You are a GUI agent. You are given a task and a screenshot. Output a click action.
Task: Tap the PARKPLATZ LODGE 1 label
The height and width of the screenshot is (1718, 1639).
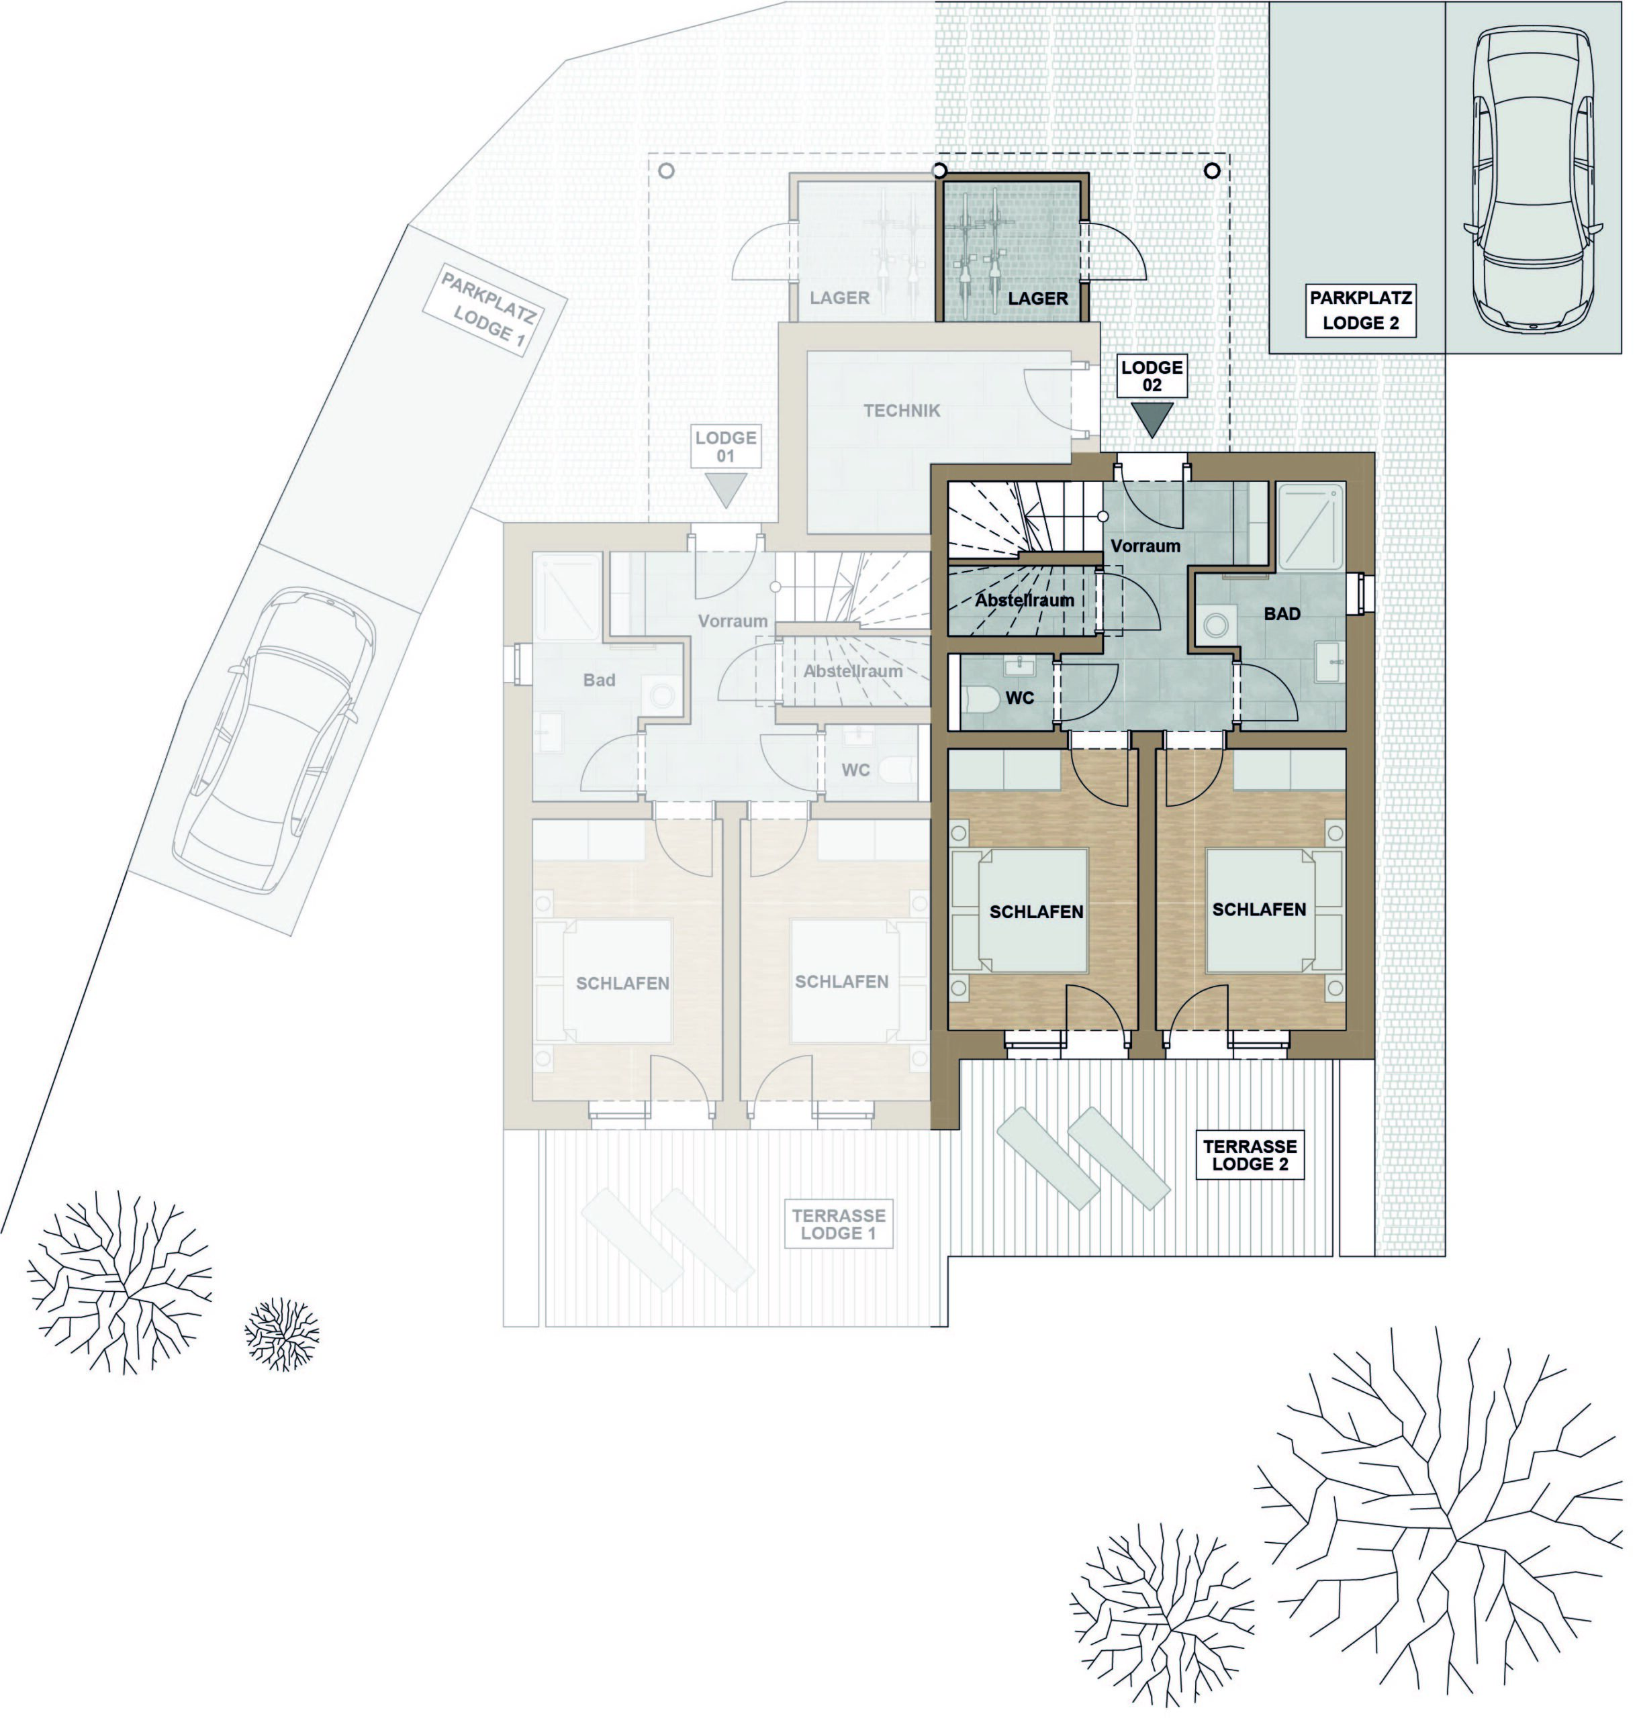[x=487, y=310]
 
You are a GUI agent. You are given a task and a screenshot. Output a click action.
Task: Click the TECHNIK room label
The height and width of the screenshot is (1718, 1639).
[x=902, y=411]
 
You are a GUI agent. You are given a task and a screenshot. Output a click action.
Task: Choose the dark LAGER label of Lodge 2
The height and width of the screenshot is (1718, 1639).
[x=1038, y=299]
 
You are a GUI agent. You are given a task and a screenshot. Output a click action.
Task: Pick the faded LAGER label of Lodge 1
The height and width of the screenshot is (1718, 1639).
[x=839, y=298]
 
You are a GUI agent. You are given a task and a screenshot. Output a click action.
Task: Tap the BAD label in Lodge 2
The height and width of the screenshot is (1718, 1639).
[x=1282, y=614]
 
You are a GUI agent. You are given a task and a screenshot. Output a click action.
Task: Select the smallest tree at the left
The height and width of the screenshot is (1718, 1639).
[x=281, y=1333]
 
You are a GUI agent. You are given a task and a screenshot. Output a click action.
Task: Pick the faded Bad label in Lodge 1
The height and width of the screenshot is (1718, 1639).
[x=600, y=680]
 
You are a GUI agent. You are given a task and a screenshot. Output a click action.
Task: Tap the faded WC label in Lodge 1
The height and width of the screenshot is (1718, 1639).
[x=855, y=770]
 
